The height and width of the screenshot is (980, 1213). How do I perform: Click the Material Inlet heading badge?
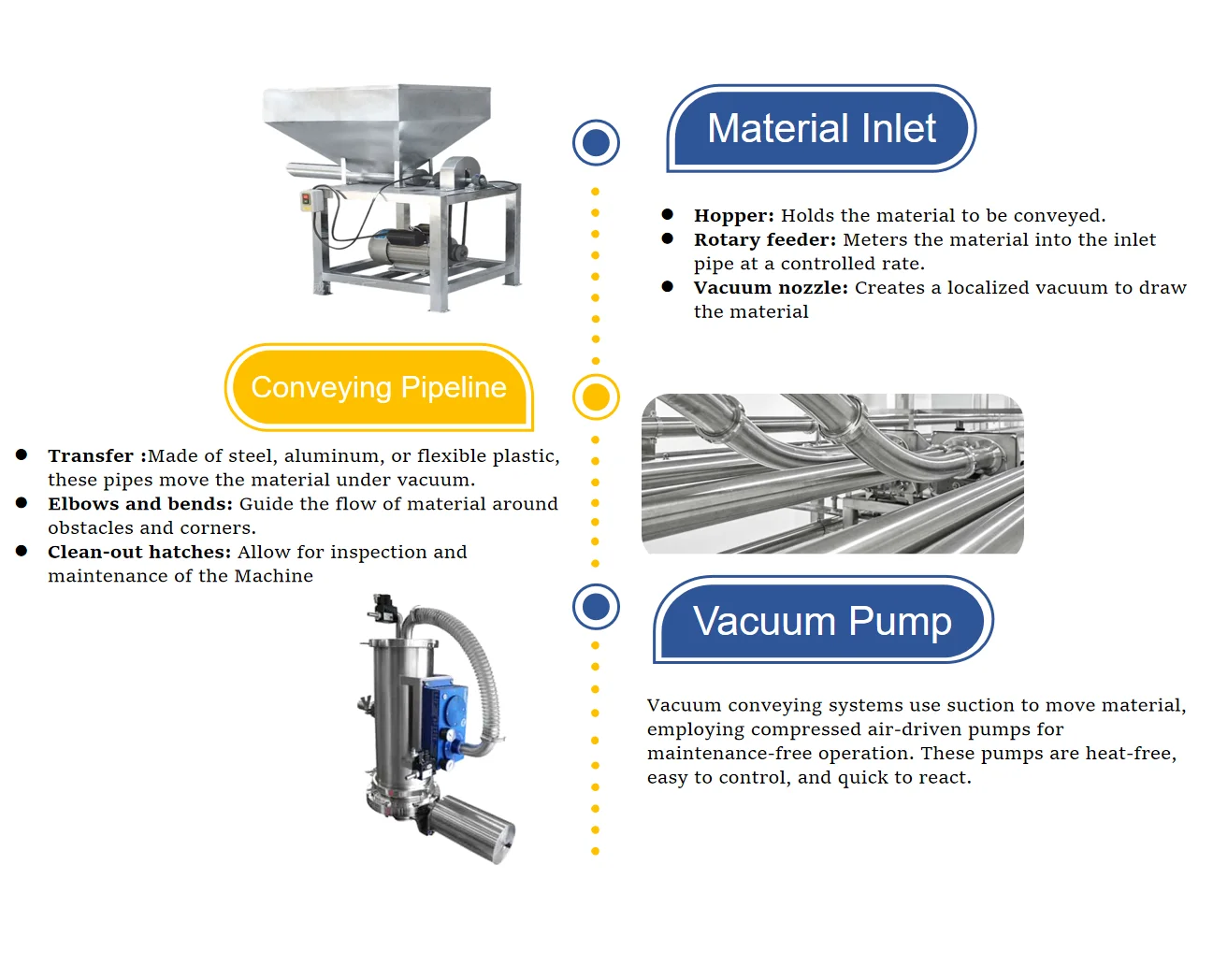tap(821, 128)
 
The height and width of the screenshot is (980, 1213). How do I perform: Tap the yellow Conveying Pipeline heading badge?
tap(379, 387)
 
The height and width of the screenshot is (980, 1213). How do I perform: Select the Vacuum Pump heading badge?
tap(822, 621)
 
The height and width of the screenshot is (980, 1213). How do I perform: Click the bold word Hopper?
tap(733, 216)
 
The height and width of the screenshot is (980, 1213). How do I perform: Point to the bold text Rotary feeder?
tap(764, 240)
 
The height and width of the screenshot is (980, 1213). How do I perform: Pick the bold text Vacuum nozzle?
tap(770, 288)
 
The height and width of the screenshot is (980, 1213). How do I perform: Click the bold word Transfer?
tap(91, 456)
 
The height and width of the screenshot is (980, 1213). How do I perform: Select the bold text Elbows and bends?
tap(140, 504)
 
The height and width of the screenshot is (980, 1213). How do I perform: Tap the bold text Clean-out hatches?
tap(139, 553)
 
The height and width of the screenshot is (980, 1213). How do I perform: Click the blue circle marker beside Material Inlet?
tap(596, 143)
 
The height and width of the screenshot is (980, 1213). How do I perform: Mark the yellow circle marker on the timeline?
tap(596, 397)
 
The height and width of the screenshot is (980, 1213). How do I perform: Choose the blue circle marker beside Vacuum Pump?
tap(596, 607)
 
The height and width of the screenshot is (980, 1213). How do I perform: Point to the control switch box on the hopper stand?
tap(307, 200)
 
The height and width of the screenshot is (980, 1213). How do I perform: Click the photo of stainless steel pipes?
tap(832, 473)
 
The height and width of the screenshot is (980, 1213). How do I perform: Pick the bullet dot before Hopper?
tap(667, 215)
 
